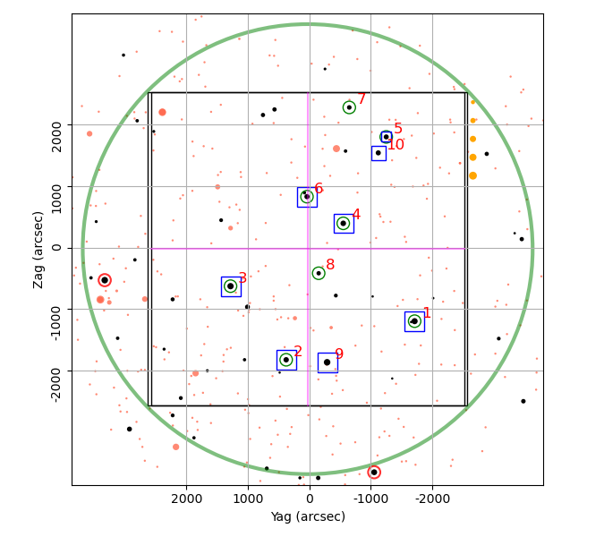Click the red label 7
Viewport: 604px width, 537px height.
point(362,98)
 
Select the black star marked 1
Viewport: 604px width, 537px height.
point(414,321)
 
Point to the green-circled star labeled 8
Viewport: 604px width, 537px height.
point(319,273)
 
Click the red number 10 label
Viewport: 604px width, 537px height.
point(396,144)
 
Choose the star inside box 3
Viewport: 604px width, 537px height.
point(230,286)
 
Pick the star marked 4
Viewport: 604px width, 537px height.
point(344,224)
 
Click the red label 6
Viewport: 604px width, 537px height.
point(319,188)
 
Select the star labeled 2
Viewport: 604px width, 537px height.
point(286,360)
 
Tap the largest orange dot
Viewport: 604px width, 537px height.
point(473,175)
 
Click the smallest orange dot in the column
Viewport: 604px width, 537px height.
point(473,102)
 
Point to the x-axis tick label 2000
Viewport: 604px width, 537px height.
point(187,499)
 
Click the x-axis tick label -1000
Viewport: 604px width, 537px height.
point(371,499)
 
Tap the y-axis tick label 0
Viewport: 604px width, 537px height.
point(56,248)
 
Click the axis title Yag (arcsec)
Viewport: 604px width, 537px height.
point(308,516)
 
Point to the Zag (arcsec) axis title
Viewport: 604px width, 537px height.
point(38,250)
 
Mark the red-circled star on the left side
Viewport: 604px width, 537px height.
point(105,280)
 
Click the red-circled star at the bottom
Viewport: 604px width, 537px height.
point(374,473)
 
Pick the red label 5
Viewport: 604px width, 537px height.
point(398,128)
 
